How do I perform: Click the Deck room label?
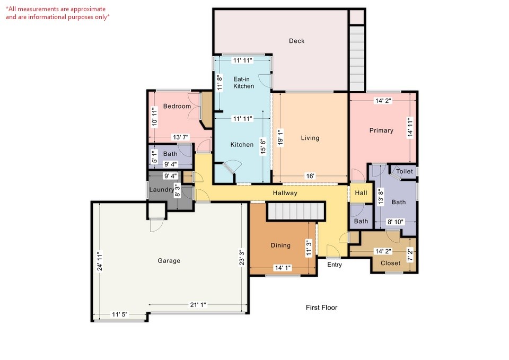point(296,41)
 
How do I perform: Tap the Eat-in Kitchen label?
point(244,83)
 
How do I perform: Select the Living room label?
point(310,138)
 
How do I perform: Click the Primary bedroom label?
point(381,130)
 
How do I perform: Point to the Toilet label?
point(404,171)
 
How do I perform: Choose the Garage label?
point(169,260)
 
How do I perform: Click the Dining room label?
point(280,245)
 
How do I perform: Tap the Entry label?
point(335,265)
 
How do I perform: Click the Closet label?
point(390,263)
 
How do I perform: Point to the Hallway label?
point(285,193)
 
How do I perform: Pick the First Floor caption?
point(321,308)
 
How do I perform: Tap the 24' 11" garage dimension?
point(99,261)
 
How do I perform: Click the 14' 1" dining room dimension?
point(283,268)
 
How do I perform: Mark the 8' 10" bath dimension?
point(396,222)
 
